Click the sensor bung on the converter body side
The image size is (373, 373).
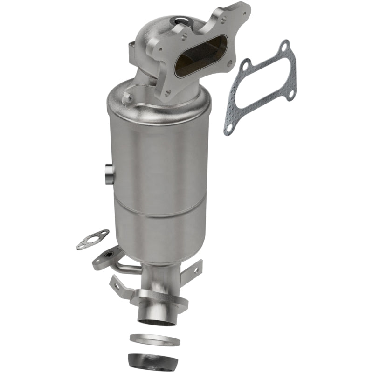108,173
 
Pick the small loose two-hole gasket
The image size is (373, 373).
93,239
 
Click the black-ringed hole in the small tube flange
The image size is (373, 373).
110,256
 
